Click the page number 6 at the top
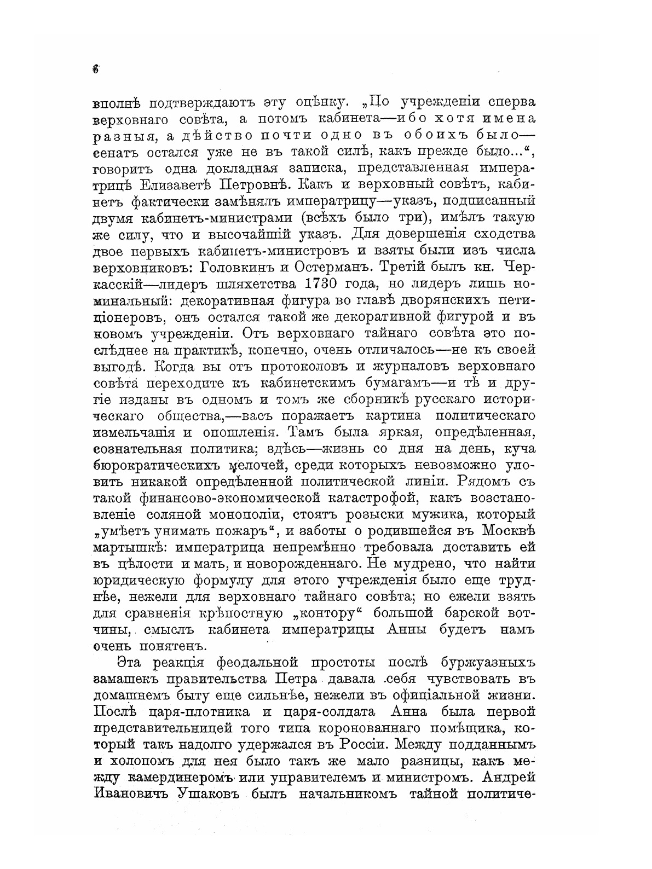[x=96, y=69]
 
